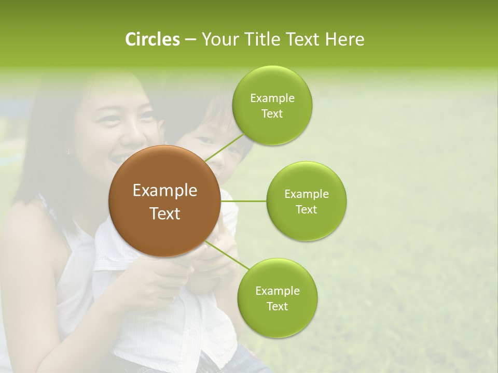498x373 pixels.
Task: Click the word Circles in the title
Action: point(152,39)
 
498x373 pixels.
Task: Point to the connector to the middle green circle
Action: point(243,200)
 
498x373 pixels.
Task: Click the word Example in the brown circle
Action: point(164,191)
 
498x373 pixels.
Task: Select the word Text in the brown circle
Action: point(164,213)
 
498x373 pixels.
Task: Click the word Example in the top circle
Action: point(272,98)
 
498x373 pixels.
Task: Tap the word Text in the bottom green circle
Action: point(277,306)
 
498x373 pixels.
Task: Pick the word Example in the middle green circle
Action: point(306,194)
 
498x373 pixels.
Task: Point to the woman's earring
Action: point(68,151)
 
